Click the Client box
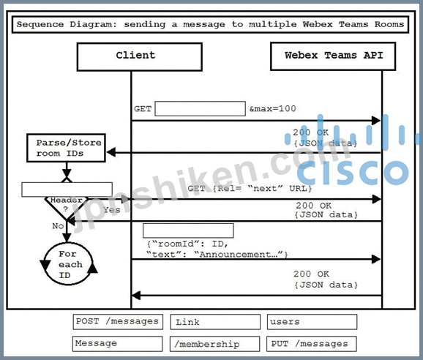click(x=140, y=57)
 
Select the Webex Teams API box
click(x=333, y=56)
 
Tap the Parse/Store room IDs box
click(x=66, y=148)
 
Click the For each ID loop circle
click(x=45, y=263)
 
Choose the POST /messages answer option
click(x=118, y=322)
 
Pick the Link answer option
click(x=215, y=322)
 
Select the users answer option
click(x=312, y=322)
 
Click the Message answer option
click(x=117, y=344)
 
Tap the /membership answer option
click(x=214, y=344)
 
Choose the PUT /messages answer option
click(x=312, y=344)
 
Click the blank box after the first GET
click(x=201, y=109)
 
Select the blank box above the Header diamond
click(x=67, y=190)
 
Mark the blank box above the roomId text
click(x=188, y=230)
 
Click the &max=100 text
click(x=272, y=109)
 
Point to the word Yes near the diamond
click(x=111, y=210)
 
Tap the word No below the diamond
click(x=58, y=225)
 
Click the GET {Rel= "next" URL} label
click(x=250, y=188)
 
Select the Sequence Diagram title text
click(x=210, y=24)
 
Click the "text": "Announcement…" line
click(x=217, y=255)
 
